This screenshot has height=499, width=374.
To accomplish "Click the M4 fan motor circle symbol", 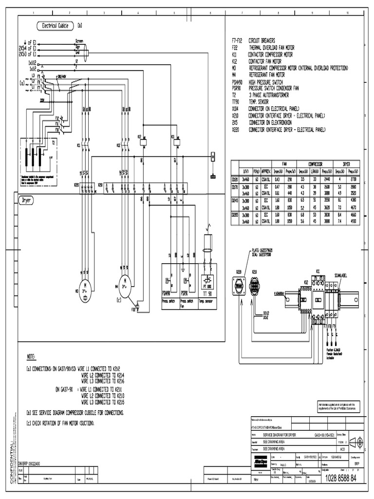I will [124, 281].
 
